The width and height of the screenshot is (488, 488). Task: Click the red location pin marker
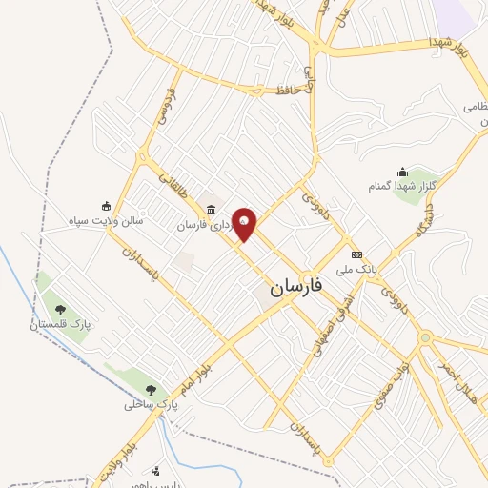[x=245, y=223]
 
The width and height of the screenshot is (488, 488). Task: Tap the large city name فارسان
[x=296, y=285]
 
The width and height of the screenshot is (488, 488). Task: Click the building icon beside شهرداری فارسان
[x=211, y=211]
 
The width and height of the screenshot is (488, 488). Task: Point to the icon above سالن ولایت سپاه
[x=106, y=205]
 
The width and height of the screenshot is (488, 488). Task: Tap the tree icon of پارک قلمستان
[x=61, y=309]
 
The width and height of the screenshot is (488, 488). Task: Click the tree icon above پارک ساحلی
[x=151, y=389]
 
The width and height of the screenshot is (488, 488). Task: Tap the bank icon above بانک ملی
[x=356, y=254]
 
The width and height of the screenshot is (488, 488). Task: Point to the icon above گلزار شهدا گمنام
[x=403, y=173]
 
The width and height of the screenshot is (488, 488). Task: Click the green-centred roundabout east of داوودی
[x=426, y=336]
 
